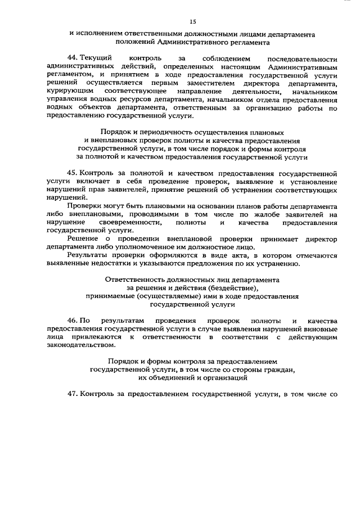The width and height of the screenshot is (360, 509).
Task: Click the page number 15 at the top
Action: (x=192, y=21)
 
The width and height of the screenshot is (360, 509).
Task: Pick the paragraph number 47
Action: (x=73, y=395)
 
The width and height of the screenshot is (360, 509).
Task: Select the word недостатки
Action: (x=108, y=264)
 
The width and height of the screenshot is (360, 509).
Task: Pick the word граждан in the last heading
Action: (x=279, y=370)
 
